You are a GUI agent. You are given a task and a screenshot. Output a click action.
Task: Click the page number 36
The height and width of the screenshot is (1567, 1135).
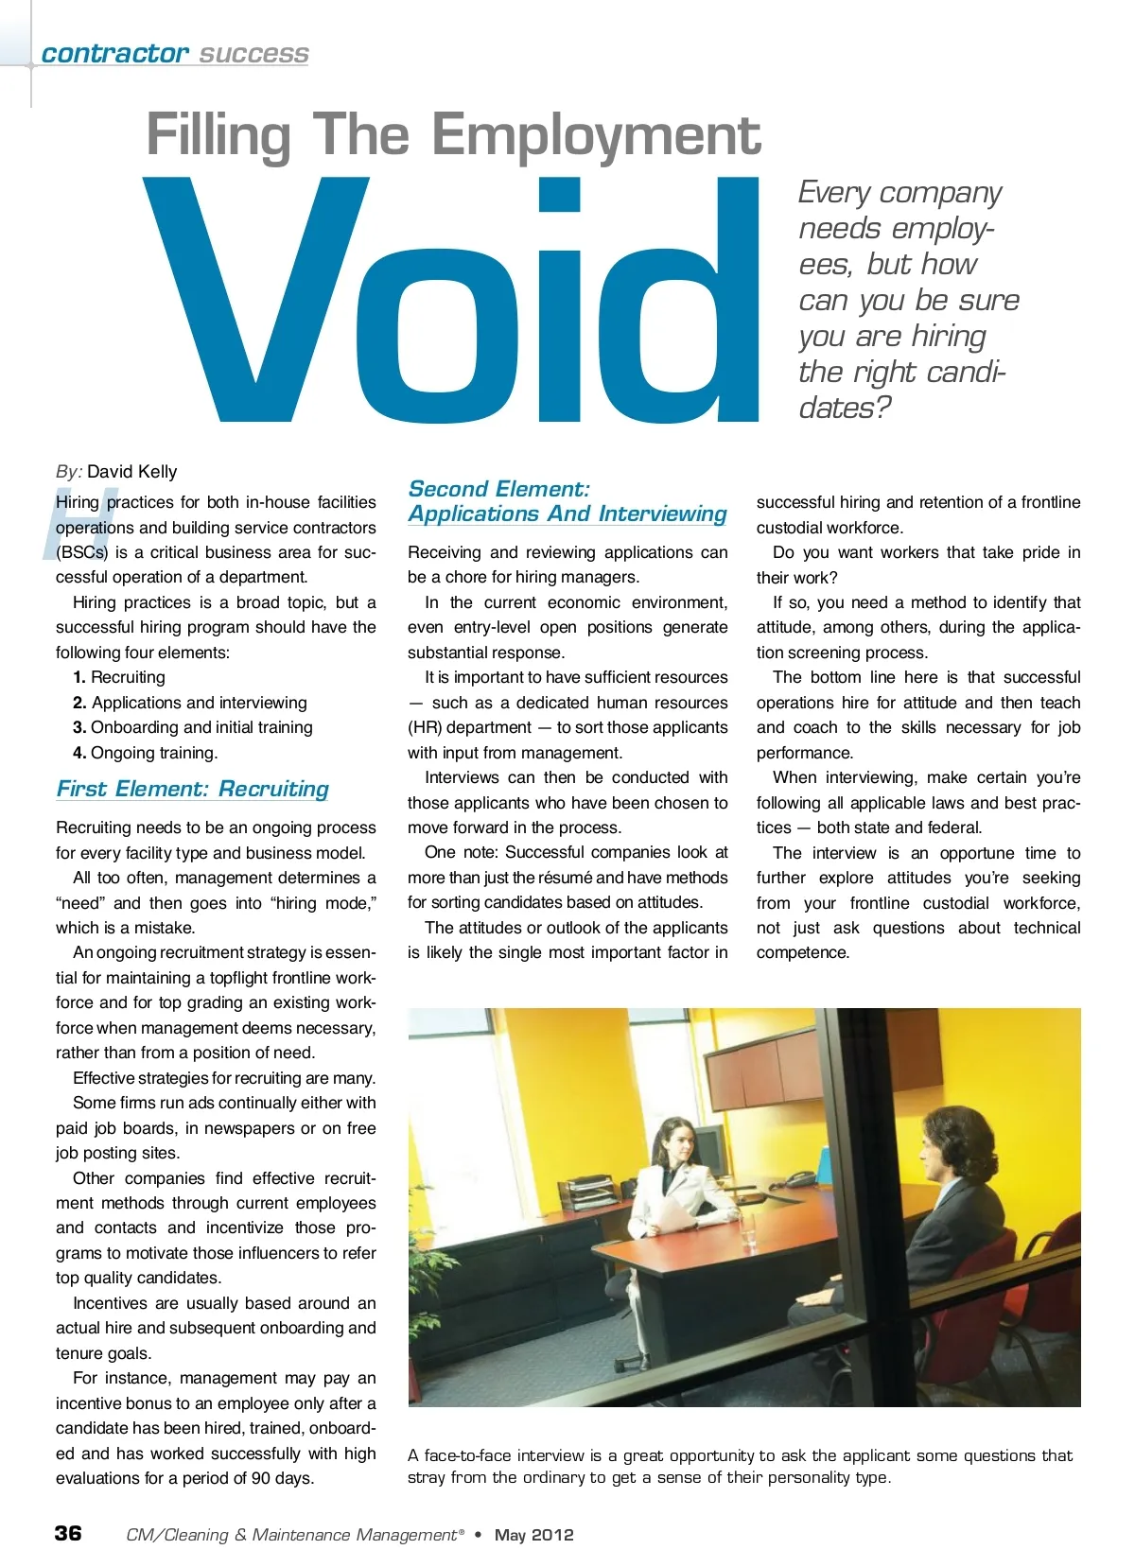point(68,1533)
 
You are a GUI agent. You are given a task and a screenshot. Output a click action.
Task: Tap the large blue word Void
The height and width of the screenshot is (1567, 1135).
point(451,301)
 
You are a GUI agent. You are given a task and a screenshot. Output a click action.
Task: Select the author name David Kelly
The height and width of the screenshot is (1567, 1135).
point(132,472)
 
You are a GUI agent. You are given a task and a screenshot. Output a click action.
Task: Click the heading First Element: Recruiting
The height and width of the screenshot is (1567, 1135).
point(193,789)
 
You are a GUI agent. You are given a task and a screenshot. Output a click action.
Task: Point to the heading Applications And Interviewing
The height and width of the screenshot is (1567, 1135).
point(567,514)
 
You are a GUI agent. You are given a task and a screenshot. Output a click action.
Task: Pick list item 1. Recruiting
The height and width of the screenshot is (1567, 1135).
point(119,677)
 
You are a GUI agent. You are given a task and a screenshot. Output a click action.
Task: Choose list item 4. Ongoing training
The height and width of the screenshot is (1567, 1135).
point(146,753)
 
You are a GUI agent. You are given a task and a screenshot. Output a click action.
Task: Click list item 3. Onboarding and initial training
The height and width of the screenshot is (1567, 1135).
point(193,727)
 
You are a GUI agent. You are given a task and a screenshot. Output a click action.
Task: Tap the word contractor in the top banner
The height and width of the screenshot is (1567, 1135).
point(114,54)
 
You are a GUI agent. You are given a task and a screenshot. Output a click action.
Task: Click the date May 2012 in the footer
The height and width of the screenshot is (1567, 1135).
point(533,1535)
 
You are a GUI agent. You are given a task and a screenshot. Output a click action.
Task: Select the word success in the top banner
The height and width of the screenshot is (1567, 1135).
point(253,54)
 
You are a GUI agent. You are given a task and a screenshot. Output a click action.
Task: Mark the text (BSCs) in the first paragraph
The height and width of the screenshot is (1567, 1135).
point(81,552)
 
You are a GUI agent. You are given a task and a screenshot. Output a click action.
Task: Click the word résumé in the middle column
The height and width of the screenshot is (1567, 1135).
point(565,878)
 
